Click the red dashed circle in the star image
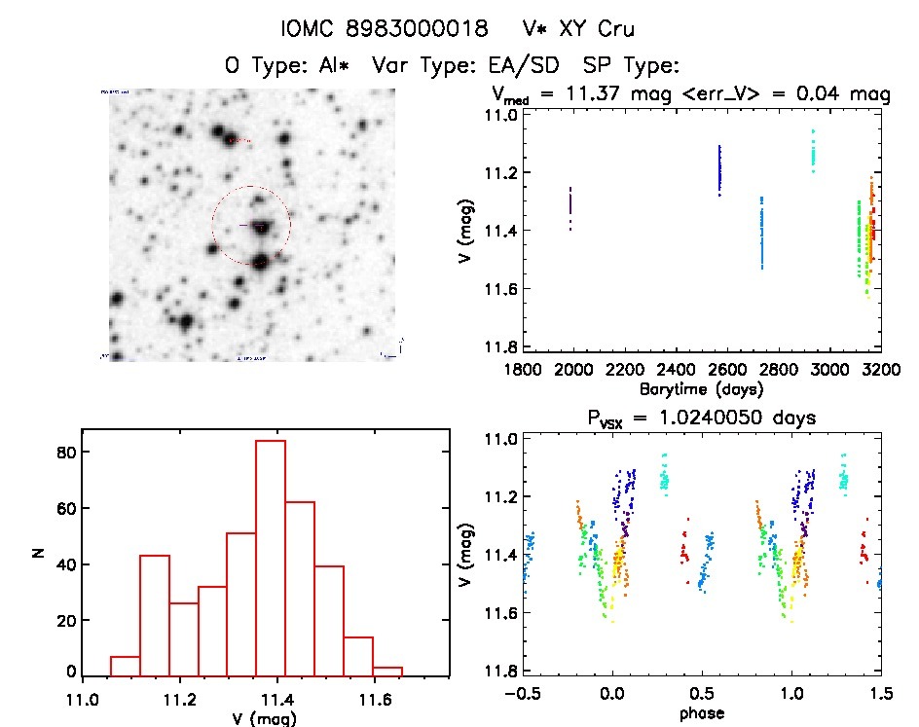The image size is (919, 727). tap(212, 226)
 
